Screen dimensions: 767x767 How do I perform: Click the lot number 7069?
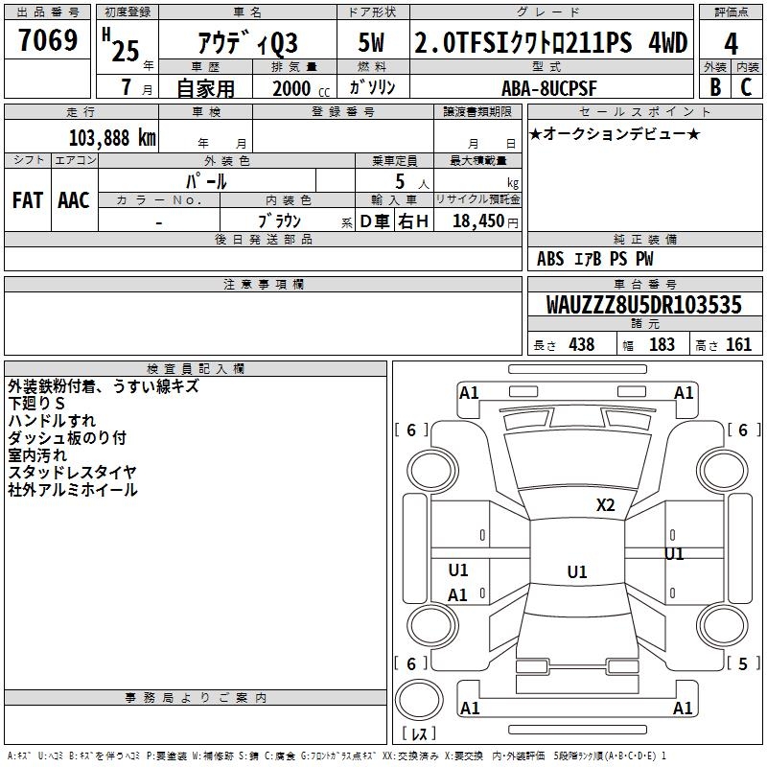(x=48, y=40)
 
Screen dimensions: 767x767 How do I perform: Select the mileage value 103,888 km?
(x=112, y=138)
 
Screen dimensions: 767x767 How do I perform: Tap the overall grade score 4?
(x=731, y=44)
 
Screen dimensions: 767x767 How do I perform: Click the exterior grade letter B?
(x=715, y=87)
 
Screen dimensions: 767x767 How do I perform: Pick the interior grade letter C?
(x=746, y=87)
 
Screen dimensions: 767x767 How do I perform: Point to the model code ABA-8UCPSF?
(x=549, y=88)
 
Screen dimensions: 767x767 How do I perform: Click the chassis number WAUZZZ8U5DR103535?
(x=643, y=305)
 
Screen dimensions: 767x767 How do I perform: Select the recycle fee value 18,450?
(x=477, y=221)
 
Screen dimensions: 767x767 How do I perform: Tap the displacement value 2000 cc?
(x=301, y=88)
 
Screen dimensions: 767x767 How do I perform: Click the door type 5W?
(x=371, y=42)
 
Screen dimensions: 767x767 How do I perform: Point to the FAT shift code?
(x=28, y=200)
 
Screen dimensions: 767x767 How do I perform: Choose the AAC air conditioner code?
(x=74, y=200)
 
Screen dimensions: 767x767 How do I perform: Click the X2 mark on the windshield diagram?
(x=605, y=504)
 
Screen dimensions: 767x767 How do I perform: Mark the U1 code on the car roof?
(x=577, y=571)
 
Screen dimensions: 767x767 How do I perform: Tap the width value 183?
(x=662, y=344)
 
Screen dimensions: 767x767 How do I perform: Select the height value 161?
(x=738, y=344)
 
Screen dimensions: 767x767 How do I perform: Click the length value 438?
(x=582, y=344)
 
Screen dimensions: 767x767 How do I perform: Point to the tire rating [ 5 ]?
(x=743, y=663)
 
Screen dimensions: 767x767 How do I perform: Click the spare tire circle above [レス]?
(x=419, y=700)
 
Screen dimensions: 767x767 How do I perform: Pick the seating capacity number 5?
(x=400, y=181)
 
